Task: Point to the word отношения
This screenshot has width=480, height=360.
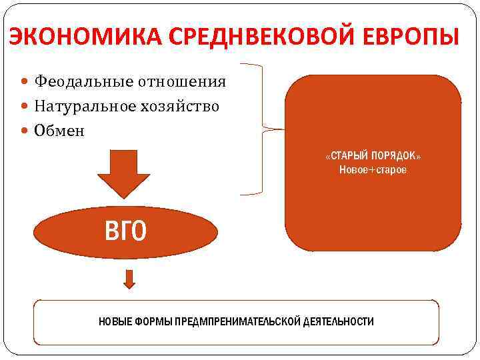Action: coord(181,83)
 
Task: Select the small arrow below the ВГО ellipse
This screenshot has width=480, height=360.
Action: coord(129,279)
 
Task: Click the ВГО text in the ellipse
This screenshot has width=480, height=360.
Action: coord(125,231)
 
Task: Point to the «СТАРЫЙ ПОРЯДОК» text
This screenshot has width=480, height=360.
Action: coord(373,156)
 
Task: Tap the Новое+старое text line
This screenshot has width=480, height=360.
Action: coord(373,171)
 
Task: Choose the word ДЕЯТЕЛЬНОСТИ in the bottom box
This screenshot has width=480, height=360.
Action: coord(338,322)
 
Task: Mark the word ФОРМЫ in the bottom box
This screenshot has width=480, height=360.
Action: coord(151,322)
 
